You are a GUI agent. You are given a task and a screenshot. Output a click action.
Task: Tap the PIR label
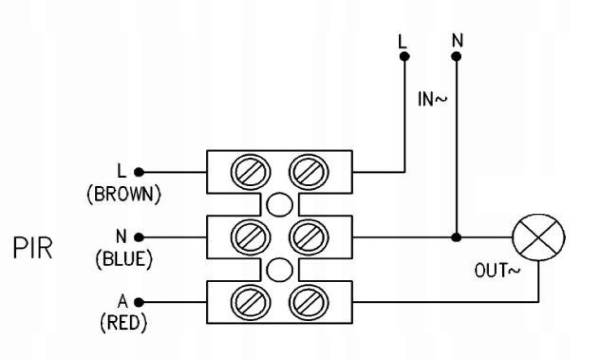pyautogui.click(x=33, y=249)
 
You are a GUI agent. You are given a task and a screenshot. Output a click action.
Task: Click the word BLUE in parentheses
pyautogui.click(x=124, y=259)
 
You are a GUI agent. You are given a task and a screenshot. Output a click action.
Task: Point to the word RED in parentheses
pyautogui.click(x=123, y=323)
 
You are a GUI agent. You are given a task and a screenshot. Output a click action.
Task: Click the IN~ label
pyautogui.click(x=432, y=100)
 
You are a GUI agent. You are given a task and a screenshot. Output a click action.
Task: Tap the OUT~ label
pyautogui.click(x=498, y=271)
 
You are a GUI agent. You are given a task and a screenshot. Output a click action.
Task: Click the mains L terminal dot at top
pyautogui.click(x=404, y=57)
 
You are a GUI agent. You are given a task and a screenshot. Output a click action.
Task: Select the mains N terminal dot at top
pyautogui.click(x=456, y=57)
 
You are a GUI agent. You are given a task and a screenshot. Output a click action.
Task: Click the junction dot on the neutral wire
pyautogui.click(x=456, y=237)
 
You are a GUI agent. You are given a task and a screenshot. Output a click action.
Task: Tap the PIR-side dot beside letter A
pyautogui.click(x=139, y=302)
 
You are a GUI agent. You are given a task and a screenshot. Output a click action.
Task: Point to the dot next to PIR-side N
pyautogui.click(x=139, y=237)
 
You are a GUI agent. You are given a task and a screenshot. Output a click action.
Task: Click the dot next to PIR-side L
pyautogui.click(x=139, y=172)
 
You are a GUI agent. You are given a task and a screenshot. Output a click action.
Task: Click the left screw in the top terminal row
pyautogui.click(x=251, y=172)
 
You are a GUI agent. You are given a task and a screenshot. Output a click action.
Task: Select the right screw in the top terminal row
pyautogui.click(x=309, y=172)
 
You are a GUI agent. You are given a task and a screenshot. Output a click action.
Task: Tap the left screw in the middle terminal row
pyautogui.click(x=251, y=237)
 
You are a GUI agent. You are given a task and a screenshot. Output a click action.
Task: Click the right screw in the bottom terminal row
pyautogui.click(x=309, y=302)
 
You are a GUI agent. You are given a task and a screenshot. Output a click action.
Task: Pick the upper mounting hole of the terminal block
pyautogui.click(x=280, y=205)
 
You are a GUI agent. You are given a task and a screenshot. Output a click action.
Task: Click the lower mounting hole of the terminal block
pyautogui.click(x=280, y=270)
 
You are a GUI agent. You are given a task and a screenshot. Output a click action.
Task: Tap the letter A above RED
pyautogui.click(x=122, y=301)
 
